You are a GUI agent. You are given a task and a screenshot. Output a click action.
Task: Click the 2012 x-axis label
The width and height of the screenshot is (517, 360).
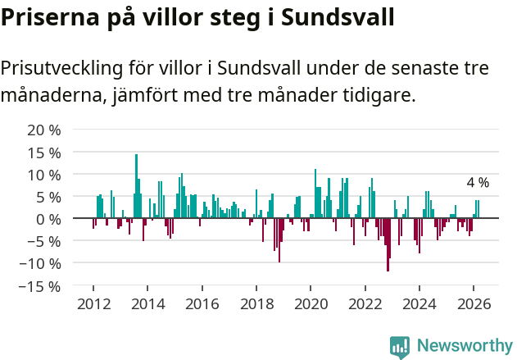93,303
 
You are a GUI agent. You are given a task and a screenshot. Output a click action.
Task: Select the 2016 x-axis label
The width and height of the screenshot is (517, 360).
202,303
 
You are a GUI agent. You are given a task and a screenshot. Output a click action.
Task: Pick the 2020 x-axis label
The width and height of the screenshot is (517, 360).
311,303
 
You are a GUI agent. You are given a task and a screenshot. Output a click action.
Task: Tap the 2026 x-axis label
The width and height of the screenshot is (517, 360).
474,303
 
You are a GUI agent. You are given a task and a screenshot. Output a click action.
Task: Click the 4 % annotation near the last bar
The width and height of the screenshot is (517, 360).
478,183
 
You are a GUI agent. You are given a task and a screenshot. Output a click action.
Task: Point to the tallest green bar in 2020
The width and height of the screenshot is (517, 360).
315,194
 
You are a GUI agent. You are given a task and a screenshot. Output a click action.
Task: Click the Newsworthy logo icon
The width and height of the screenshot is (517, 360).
400,347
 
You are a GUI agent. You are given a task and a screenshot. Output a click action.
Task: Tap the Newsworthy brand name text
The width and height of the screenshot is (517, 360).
464,346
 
